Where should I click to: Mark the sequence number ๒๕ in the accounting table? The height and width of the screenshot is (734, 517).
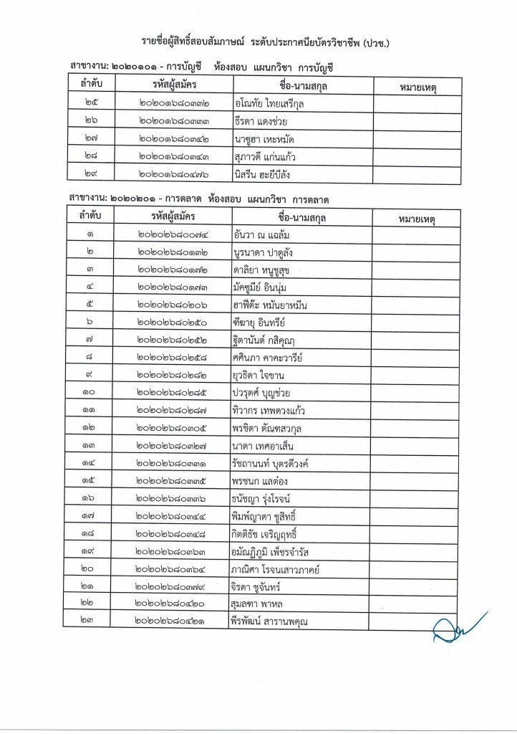[x=91, y=104]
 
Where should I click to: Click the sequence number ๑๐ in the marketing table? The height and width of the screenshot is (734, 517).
[x=91, y=393]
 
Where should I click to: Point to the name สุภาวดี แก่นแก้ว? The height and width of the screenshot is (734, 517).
[x=269, y=156]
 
